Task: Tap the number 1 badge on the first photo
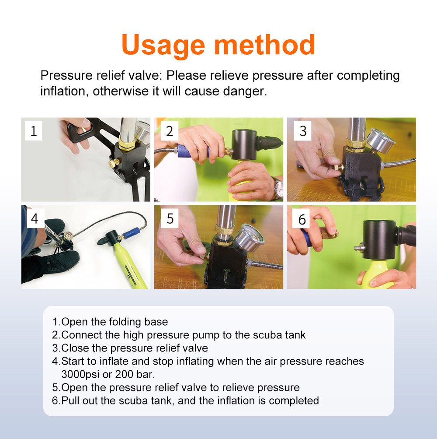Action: pyautogui.click(x=34, y=131)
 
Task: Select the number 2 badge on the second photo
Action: pyautogui.click(x=170, y=131)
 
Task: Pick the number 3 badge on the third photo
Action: pyautogui.click(x=303, y=131)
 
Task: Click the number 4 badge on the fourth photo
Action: pyautogui.click(x=34, y=218)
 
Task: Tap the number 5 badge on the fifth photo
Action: pyautogui.click(x=170, y=218)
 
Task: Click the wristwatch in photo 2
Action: pyautogui.click(x=277, y=188)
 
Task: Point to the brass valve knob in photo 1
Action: pyautogui.click(x=113, y=164)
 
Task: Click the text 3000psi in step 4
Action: pyautogui.click(x=82, y=375)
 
